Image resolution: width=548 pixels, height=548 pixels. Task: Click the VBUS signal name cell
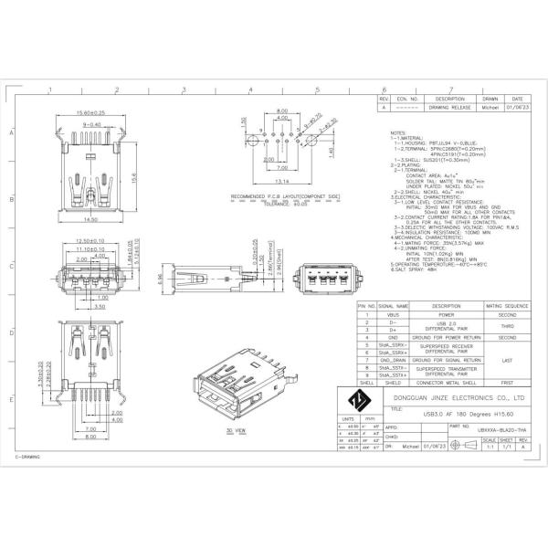pos(393,315)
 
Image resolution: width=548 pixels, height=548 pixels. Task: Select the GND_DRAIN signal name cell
pos(393,360)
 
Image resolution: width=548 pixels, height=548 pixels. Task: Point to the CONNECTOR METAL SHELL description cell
pos(447,383)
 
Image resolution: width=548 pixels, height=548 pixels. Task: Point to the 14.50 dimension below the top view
pos(90,220)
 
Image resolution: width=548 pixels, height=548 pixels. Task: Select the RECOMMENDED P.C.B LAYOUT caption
pos(272,197)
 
